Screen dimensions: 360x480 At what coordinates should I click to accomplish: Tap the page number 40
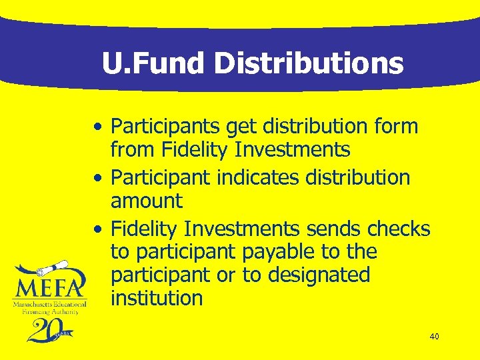[x=434, y=337]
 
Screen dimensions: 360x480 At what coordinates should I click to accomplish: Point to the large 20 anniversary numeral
[x=45, y=331]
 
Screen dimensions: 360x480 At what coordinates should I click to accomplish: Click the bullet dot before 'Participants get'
[x=98, y=127]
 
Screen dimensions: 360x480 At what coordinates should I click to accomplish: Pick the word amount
[x=147, y=201]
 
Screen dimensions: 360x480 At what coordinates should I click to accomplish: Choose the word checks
[x=399, y=229]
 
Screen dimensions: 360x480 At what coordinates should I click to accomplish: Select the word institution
[x=157, y=298]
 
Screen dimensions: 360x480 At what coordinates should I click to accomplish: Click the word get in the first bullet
[x=243, y=127]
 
